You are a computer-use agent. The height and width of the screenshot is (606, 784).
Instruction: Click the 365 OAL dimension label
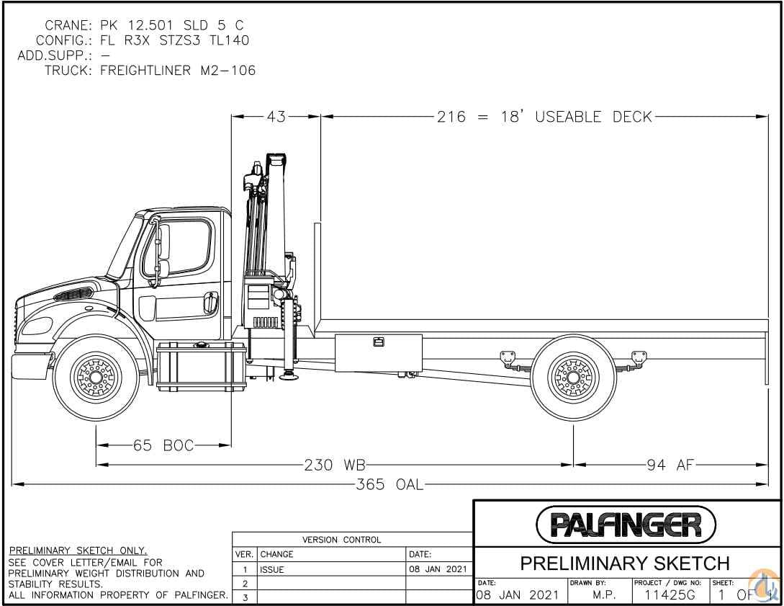389,484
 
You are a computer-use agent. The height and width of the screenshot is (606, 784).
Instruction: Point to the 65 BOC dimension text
163,446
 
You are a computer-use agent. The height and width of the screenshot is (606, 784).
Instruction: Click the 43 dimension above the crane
276,117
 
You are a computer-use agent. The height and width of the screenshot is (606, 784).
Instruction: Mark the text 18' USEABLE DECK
576,117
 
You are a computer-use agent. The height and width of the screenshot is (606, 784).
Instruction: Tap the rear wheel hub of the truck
573,377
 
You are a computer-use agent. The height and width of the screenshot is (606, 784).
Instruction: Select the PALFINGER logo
626,525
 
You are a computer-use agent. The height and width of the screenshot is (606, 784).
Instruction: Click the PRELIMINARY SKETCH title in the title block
625,563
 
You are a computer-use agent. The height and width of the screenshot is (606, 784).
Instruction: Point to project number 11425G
666,595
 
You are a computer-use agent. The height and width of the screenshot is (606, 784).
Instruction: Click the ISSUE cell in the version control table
272,569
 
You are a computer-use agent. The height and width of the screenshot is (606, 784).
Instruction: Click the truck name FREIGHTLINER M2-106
178,71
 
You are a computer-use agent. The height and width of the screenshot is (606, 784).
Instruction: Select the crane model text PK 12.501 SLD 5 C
171,25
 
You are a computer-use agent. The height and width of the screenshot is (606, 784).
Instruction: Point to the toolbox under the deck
378,353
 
